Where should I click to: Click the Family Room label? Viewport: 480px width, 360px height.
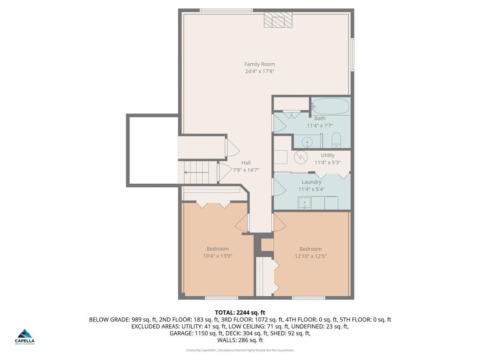[x=260, y=64]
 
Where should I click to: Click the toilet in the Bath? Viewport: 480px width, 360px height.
[x=336, y=139]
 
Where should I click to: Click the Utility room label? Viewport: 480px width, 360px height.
[x=328, y=155]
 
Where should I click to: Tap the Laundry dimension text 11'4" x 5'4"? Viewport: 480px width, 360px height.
[x=312, y=189]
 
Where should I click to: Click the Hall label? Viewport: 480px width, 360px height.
[x=246, y=163]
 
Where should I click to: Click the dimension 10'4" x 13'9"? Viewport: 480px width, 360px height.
[x=217, y=256]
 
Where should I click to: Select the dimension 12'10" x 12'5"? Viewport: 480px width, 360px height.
[x=311, y=256]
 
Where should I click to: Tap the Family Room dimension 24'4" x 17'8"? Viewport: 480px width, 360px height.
[x=260, y=72]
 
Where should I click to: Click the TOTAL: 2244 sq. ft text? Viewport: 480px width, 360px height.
[x=240, y=313]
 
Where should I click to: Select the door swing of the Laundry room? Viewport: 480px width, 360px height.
[x=279, y=187]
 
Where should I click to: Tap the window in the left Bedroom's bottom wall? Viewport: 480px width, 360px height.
[x=221, y=298]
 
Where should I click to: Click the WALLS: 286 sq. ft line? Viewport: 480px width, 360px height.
[x=240, y=340]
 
